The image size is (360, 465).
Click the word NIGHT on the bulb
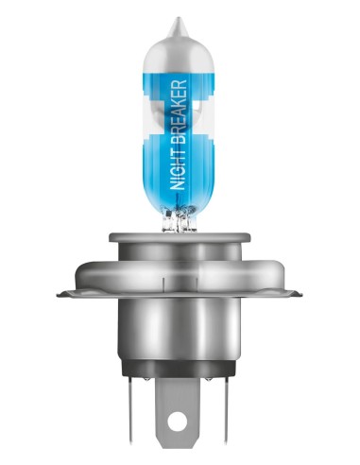[179, 168]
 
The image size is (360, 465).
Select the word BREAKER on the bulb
[179, 112]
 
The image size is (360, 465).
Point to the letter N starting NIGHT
[179, 185]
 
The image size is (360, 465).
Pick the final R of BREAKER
[179, 84]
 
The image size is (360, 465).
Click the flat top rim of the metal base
[180, 237]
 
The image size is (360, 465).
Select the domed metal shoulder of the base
[180, 273]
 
